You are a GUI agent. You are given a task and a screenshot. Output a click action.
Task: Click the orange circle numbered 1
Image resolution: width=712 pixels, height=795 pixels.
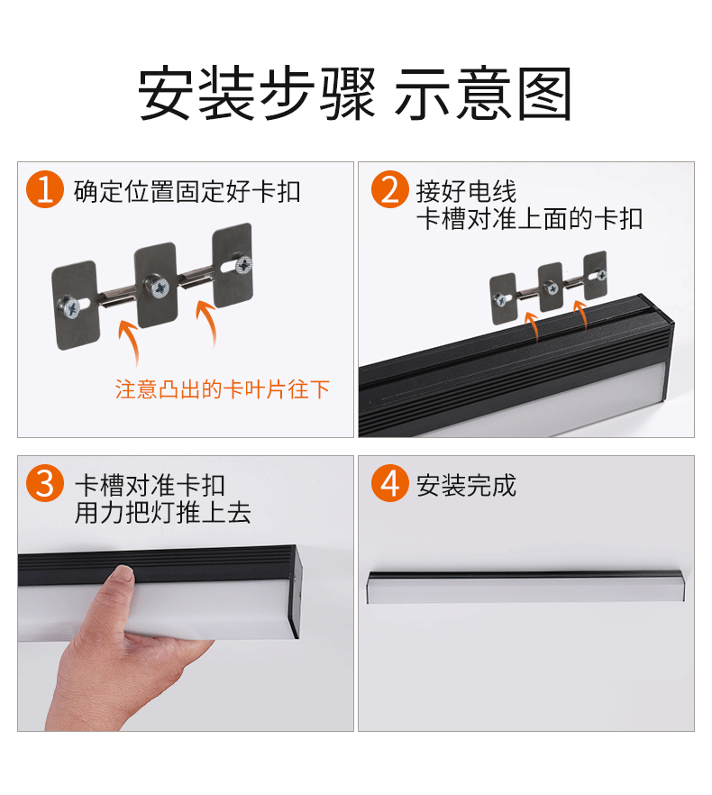45,189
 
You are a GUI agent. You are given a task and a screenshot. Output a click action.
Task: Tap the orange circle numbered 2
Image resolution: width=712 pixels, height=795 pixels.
389,189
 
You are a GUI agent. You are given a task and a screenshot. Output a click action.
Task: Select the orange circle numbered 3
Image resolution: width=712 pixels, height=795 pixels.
45,483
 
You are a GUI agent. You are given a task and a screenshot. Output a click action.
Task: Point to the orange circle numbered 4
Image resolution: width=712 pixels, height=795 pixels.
389,483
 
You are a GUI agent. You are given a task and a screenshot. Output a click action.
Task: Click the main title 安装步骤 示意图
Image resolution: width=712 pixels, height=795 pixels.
355,94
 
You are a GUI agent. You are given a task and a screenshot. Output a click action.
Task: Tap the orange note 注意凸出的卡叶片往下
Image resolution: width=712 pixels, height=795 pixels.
222,389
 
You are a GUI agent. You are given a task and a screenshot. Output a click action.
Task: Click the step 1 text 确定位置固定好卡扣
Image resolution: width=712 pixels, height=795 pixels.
187,192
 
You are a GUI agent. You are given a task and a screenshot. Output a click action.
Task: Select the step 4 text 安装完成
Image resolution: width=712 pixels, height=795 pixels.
466,485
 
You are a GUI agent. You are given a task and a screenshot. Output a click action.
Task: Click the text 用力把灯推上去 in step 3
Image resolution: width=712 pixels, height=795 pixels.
163,512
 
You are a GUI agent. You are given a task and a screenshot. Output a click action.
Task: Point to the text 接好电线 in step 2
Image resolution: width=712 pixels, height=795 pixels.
466,192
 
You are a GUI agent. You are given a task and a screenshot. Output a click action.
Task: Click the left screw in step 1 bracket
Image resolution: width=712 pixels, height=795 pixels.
69,307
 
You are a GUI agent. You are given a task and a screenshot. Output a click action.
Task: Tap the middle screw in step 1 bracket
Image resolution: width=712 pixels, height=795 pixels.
157,287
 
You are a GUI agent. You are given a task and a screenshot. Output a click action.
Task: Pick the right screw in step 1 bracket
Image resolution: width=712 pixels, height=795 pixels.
244,264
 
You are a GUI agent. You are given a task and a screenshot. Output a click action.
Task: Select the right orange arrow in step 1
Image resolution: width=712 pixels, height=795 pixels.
208,321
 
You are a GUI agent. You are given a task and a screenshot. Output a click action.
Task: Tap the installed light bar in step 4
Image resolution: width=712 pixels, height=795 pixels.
525,587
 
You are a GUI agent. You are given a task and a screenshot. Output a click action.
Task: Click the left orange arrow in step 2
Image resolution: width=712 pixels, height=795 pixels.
532,327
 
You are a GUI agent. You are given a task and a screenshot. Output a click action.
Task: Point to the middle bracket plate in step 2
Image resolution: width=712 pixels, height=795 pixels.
551,287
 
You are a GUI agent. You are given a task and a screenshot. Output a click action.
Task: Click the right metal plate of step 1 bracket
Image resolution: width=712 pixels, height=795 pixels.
233,265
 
